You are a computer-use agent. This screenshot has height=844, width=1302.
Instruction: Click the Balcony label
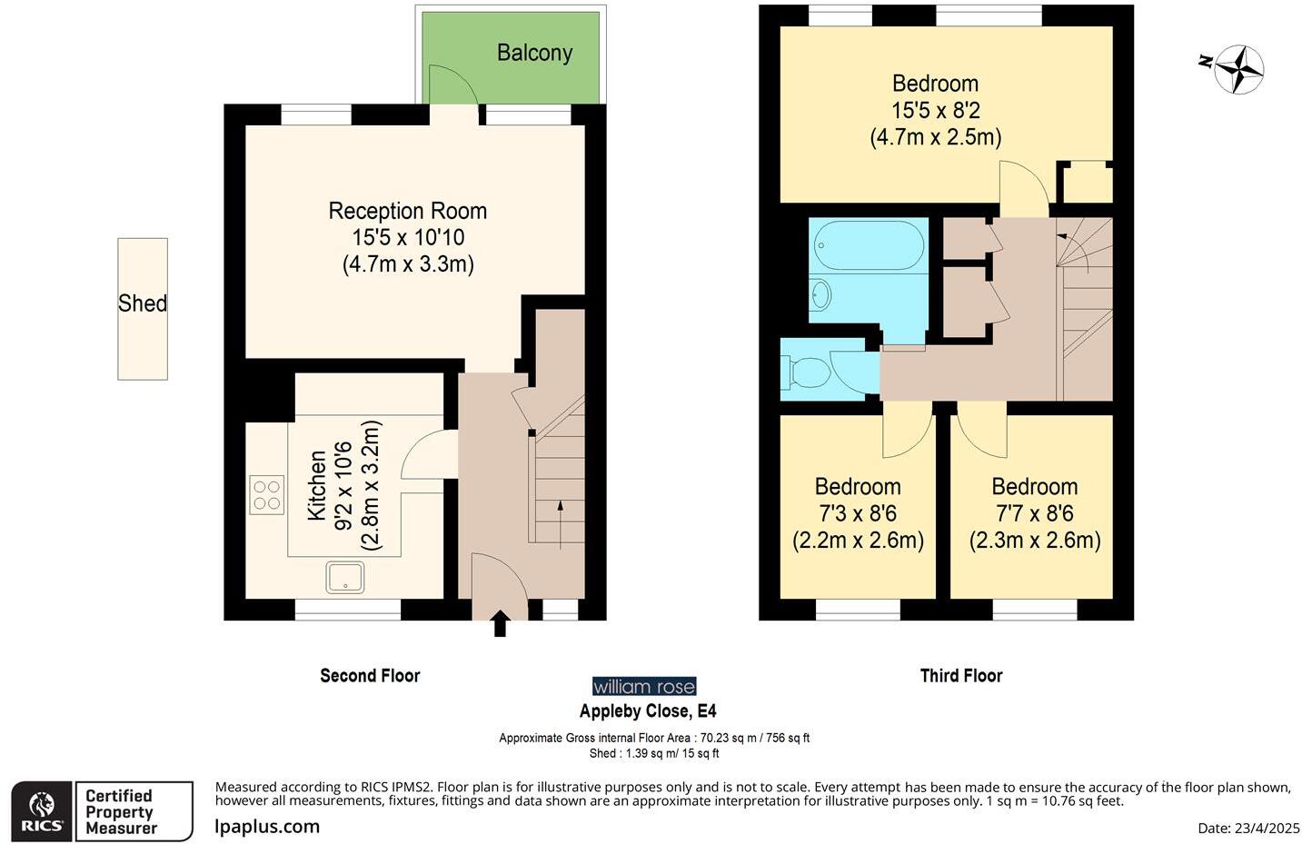click(x=535, y=53)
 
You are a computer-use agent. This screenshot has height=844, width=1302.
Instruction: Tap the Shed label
click(x=143, y=303)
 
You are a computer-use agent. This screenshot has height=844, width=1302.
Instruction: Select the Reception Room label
click(x=407, y=211)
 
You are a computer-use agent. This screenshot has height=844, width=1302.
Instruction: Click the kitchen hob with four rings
click(x=267, y=494)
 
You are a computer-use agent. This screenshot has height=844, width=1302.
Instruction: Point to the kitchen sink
click(x=344, y=577)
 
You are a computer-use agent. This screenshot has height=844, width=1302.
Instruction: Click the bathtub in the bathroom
click(x=869, y=244)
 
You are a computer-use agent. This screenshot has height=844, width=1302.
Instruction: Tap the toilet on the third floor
click(x=808, y=372)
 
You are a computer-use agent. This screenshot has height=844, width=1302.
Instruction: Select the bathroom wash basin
click(x=820, y=294)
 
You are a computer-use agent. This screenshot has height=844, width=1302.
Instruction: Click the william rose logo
click(x=644, y=687)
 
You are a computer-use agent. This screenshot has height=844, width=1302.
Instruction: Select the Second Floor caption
click(x=370, y=675)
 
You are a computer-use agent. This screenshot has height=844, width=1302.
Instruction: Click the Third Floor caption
click(x=961, y=675)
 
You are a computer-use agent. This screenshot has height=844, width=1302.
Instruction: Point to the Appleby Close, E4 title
click(x=648, y=710)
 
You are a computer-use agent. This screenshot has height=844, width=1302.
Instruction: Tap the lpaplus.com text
click(x=267, y=826)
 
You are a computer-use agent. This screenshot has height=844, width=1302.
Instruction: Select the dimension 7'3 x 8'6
click(x=858, y=513)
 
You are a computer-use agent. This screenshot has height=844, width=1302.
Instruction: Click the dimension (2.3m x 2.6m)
click(x=1035, y=541)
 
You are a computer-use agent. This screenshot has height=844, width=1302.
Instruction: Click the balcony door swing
click(x=452, y=84)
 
